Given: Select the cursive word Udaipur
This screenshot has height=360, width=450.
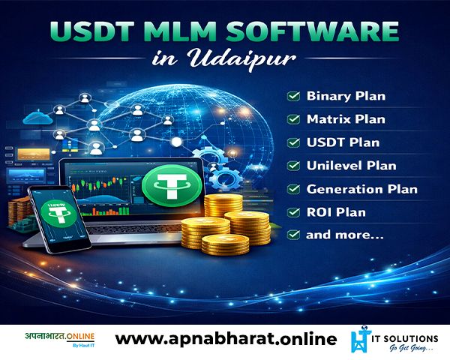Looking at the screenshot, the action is coord(242,58).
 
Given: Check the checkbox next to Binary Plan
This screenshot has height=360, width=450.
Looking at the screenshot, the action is coord(293,96).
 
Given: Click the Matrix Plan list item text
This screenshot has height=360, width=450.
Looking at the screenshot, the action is coord(346,119).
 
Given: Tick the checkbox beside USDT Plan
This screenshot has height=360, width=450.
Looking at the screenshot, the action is coord(293,142).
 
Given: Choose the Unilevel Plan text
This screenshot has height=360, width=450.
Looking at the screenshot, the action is coord(351,166).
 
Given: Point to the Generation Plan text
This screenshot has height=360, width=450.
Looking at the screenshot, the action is coord(362,189).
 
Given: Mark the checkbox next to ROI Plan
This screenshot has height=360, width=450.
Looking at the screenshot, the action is coord(293,212).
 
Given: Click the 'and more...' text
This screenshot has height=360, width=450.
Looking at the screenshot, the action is coord(345,235).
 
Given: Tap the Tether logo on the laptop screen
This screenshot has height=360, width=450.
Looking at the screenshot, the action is coord(172,186).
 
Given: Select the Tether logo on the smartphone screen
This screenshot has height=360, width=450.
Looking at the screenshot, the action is coord(58,214).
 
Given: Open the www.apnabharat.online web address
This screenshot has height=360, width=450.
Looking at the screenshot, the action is coord(226,339).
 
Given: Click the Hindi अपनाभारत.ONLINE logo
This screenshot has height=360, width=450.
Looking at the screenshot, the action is coord(60,337).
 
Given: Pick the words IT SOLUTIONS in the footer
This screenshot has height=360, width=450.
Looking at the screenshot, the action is coord(405,339).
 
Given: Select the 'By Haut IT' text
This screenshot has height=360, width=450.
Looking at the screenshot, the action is coord(83,345).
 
